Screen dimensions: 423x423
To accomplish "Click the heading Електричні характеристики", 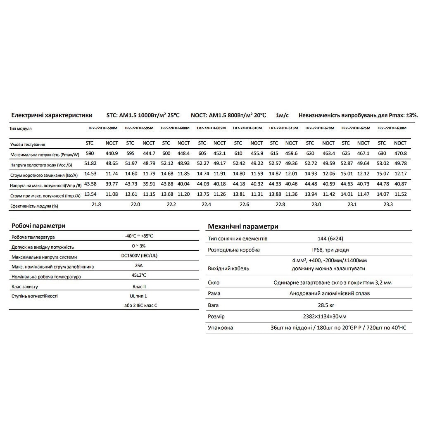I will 52,115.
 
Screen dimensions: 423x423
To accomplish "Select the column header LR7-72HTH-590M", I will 103,128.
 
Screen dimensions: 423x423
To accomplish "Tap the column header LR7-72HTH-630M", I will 392,128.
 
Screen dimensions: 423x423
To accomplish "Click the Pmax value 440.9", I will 112,153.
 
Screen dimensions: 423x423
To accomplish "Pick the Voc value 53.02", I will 382,164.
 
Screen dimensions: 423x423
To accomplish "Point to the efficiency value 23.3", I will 388,204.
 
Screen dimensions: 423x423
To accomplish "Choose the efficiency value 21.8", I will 96,204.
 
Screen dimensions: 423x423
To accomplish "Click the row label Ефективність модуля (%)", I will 34,206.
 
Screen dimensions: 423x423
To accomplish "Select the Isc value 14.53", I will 90,174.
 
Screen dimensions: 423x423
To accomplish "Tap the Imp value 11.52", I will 400,194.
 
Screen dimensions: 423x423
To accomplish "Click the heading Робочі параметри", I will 38,226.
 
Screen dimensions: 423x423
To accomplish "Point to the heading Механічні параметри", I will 243,226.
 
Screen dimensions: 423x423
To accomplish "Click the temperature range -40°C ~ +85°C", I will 139,236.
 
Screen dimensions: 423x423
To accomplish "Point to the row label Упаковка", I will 220,328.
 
